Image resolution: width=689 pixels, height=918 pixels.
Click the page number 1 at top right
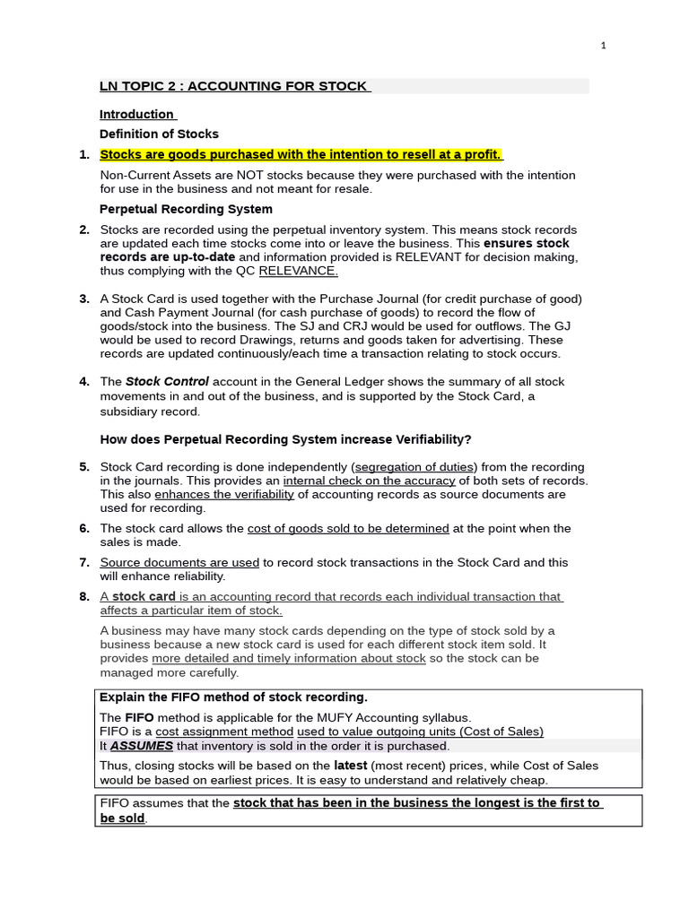(x=604, y=46)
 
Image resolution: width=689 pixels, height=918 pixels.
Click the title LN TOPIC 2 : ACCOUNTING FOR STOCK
(x=233, y=86)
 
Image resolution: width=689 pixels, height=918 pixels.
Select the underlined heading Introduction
(x=137, y=114)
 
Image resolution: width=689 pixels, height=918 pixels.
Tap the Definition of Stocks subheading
(x=159, y=134)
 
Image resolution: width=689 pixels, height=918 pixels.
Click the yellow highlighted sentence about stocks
(x=301, y=154)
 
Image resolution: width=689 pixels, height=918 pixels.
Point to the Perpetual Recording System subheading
(x=186, y=209)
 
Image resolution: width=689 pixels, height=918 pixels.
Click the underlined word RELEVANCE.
(x=298, y=271)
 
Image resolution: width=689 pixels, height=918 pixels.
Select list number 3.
(x=84, y=299)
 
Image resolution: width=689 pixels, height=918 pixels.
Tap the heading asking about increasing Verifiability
(x=285, y=438)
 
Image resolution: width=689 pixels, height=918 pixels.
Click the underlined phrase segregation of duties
(x=416, y=467)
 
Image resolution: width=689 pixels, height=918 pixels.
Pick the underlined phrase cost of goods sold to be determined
(x=348, y=528)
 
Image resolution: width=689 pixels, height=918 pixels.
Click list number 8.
(x=84, y=596)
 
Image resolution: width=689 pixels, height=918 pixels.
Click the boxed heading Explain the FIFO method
(x=233, y=697)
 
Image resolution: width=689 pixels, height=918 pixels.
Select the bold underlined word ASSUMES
(x=141, y=745)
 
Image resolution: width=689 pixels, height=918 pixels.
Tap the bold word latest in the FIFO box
(x=351, y=766)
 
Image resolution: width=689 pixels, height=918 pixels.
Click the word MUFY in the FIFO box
(x=338, y=717)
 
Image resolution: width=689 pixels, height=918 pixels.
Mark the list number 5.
(x=84, y=467)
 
